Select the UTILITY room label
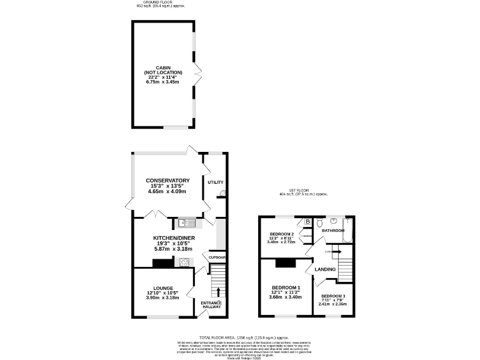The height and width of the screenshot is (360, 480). (x=215, y=182)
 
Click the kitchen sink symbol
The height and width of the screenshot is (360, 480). (x=186, y=222)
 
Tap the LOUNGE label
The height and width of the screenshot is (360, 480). (x=163, y=288)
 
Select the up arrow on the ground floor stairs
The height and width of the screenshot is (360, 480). (x=217, y=291)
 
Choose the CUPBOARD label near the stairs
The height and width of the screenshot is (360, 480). (x=217, y=257)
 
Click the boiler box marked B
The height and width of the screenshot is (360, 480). (x=308, y=221)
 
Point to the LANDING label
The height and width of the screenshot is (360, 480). (x=325, y=269)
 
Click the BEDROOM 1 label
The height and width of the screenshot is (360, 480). (x=285, y=288)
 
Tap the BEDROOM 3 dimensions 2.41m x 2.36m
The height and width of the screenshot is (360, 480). (x=332, y=304)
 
